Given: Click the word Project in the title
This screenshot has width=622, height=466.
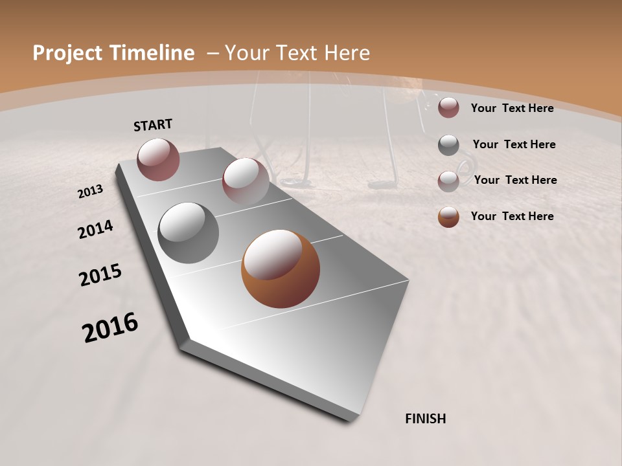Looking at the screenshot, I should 64,53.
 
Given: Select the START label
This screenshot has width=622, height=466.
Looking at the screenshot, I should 153,125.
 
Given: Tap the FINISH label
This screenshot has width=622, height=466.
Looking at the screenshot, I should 425,419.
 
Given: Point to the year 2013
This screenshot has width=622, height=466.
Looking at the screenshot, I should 90,192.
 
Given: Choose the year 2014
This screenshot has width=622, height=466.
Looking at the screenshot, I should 95,229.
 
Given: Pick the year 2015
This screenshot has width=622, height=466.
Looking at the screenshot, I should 100,275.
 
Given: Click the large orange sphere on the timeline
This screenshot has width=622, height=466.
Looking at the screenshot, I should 281,269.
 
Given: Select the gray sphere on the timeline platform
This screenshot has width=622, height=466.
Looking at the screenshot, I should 188,233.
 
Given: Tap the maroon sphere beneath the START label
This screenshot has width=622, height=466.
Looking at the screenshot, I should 158,159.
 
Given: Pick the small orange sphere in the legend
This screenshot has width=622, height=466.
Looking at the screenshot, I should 448,217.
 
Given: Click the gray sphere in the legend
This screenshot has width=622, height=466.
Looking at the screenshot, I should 448,145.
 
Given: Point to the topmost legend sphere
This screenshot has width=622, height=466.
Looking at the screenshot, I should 448,107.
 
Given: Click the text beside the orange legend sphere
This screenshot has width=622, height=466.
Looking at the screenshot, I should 512,216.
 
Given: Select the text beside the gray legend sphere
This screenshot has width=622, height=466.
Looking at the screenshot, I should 514,144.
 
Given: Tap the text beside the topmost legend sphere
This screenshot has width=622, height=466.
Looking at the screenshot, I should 512,108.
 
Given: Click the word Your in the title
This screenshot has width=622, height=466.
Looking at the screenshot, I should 246,53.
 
